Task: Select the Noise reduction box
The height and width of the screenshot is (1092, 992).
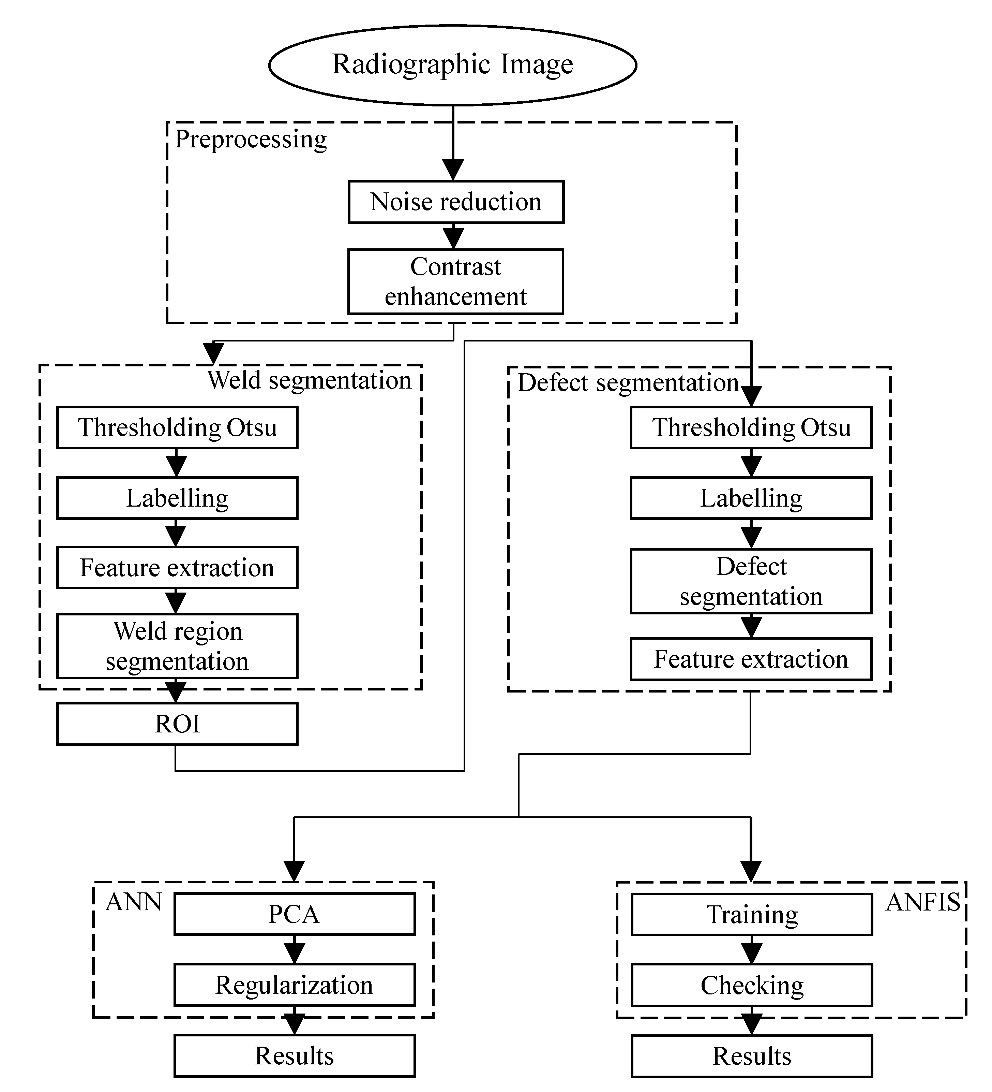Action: point(456,202)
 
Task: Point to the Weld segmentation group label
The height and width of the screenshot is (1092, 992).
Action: point(309,380)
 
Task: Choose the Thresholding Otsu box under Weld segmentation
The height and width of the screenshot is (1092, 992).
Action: point(177,428)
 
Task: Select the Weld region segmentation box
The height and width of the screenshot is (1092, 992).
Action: point(177,646)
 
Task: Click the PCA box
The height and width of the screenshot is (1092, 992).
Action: point(295,914)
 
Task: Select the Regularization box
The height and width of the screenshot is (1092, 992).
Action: point(295,985)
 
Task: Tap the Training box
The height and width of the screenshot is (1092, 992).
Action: point(752,914)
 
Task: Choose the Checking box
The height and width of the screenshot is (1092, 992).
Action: point(752,985)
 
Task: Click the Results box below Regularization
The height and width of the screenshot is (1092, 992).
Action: point(295,1056)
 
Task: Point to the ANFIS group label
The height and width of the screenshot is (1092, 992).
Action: point(923,902)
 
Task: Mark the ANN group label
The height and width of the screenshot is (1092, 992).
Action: point(134,902)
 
